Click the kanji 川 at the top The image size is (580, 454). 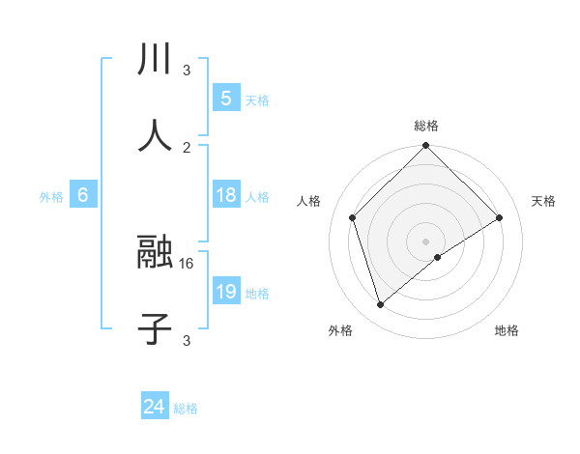[x=155, y=58]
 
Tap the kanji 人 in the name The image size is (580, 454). [x=155, y=134]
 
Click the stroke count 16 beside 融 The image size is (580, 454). [x=188, y=263]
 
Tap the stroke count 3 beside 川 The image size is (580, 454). [x=187, y=70]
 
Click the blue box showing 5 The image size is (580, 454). [x=226, y=98]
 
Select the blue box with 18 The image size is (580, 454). [x=226, y=195]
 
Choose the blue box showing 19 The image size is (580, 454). [x=226, y=292]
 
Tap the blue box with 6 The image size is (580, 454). [x=83, y=195]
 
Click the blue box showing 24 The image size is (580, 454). [x=155, y=407]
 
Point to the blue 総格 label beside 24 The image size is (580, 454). [x=186, y=409]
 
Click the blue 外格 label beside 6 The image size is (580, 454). [x=51, y=197]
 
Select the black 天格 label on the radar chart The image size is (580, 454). [x=543, y=201]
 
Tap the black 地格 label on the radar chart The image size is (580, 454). [x=507, y=330]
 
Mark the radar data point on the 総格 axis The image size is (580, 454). [x=425, y=146]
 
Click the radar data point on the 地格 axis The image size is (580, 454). [x=438, y=257]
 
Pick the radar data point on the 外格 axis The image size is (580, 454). [x=381, y=305]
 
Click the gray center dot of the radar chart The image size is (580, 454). [x=425, y=241]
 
